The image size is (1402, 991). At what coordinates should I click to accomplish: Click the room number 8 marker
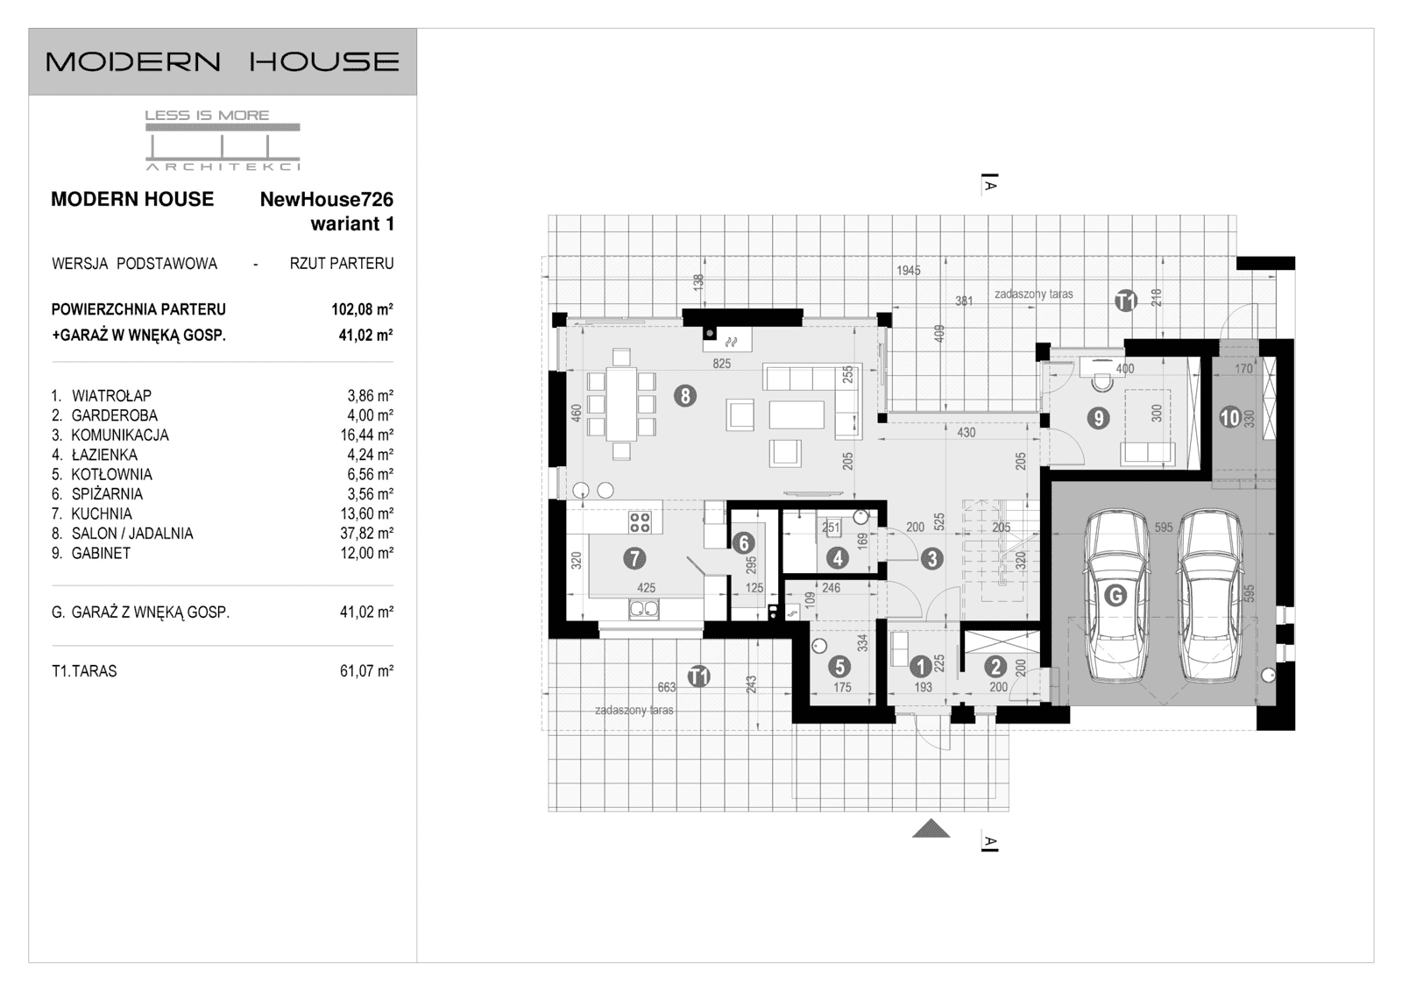[685, 396]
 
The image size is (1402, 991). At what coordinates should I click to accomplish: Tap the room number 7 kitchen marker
[634, 557]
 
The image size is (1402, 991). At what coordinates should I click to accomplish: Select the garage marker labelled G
[1115, 596]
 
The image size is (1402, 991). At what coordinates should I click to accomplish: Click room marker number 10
[1230, 418]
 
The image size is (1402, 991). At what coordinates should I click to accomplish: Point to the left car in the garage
[1116, 596]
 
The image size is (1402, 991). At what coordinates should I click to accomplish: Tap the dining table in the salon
[622, 404]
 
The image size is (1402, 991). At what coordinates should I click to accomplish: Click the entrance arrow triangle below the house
[931, 828]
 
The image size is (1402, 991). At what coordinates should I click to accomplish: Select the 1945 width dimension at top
[909, 271]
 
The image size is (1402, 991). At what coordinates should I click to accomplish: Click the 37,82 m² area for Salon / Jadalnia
[366, 534]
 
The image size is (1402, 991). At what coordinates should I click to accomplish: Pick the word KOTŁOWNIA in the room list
[111, 474]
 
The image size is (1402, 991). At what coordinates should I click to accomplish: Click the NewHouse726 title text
[326, 199]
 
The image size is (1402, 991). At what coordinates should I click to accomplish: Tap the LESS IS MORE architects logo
[223, 139]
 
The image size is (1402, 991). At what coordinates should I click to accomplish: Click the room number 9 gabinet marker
[1098, 418]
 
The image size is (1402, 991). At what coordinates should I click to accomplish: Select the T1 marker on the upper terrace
[1126, 301]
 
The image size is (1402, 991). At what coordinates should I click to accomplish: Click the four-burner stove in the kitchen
[640, 523]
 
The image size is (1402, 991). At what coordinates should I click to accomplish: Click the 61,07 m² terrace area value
[366, 671]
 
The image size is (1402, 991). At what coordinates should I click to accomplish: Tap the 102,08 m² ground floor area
[356, 309]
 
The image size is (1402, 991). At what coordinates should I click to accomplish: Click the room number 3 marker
[931, 558]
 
